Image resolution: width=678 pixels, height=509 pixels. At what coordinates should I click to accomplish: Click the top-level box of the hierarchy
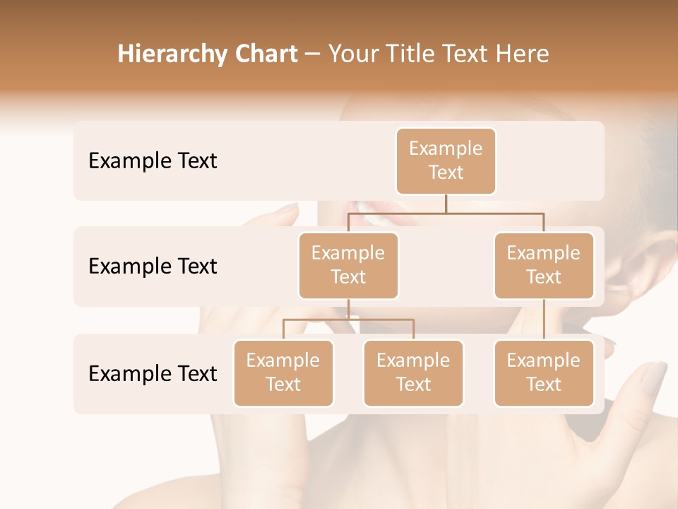pos(446,160)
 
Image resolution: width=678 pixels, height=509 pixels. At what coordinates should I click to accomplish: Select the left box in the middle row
pos(348,265)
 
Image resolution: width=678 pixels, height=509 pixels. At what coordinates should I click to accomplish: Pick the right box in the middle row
pos(544,265)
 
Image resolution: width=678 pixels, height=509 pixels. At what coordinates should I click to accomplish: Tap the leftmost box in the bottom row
pos(283,373)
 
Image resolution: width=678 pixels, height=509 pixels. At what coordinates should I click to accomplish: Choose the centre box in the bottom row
pos(413,373)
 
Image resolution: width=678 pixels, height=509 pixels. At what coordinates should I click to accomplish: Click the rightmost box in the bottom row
pos(544,373)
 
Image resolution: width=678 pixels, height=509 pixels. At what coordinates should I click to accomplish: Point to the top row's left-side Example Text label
pos(153,160)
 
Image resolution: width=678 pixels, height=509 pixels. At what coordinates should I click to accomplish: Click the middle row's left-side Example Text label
pos(153,266)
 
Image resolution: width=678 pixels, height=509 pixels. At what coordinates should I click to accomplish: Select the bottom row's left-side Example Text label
pos(153,373)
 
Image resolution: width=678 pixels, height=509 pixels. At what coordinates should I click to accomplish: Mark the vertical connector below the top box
pos(446,204)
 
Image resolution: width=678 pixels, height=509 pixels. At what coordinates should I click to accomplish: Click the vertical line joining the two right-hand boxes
pos(544,320)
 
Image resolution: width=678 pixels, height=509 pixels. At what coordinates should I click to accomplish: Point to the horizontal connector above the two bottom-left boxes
pos(348,320)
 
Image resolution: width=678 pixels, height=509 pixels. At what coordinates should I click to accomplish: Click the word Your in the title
pos(352,54)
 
